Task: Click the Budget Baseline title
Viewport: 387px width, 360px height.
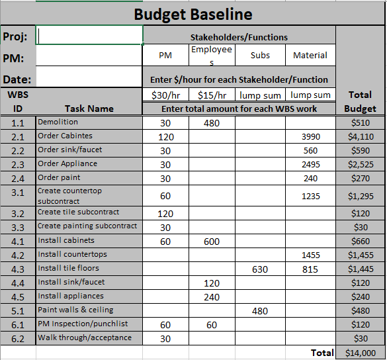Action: [x=193, y=14]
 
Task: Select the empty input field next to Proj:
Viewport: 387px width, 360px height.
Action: [x=89, y=36]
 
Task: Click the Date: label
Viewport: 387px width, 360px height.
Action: [x=18, y=79]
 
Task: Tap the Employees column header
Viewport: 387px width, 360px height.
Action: [x=212, y=55]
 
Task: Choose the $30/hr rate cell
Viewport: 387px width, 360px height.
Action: [x=165, y=95]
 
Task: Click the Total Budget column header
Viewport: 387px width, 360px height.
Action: [x=361, y=101]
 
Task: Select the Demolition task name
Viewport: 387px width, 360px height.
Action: [x=58, y=122]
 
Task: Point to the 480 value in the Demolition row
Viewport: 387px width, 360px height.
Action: [x=212, y=123]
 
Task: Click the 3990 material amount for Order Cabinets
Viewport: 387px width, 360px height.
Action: [x=310, y=137]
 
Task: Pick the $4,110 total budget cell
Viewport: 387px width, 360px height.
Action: [x=361, y=137]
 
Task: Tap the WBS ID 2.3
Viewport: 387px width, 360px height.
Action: [x=18, y=164]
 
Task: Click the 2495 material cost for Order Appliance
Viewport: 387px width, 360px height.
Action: [x=310, y=164]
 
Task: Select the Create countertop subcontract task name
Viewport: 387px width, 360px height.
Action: [x=69, y=196]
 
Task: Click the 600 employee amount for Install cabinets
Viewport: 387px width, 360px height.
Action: [x=212, y=242]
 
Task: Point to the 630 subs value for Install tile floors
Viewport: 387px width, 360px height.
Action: [x=261, y=269]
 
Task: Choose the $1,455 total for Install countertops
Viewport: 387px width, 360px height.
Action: [x=361, y=255]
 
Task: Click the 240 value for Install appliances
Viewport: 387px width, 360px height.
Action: [x=212, y=297]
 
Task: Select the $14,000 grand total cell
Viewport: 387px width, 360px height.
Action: [x=361, y=353]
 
